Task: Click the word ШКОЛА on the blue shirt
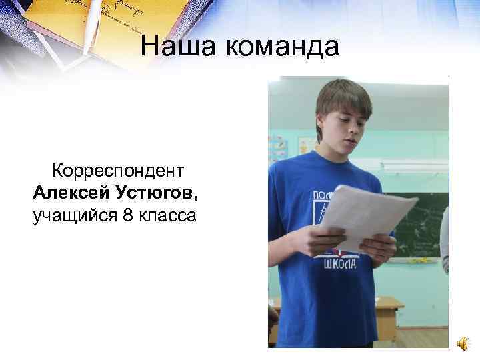(x=340, y=264)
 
